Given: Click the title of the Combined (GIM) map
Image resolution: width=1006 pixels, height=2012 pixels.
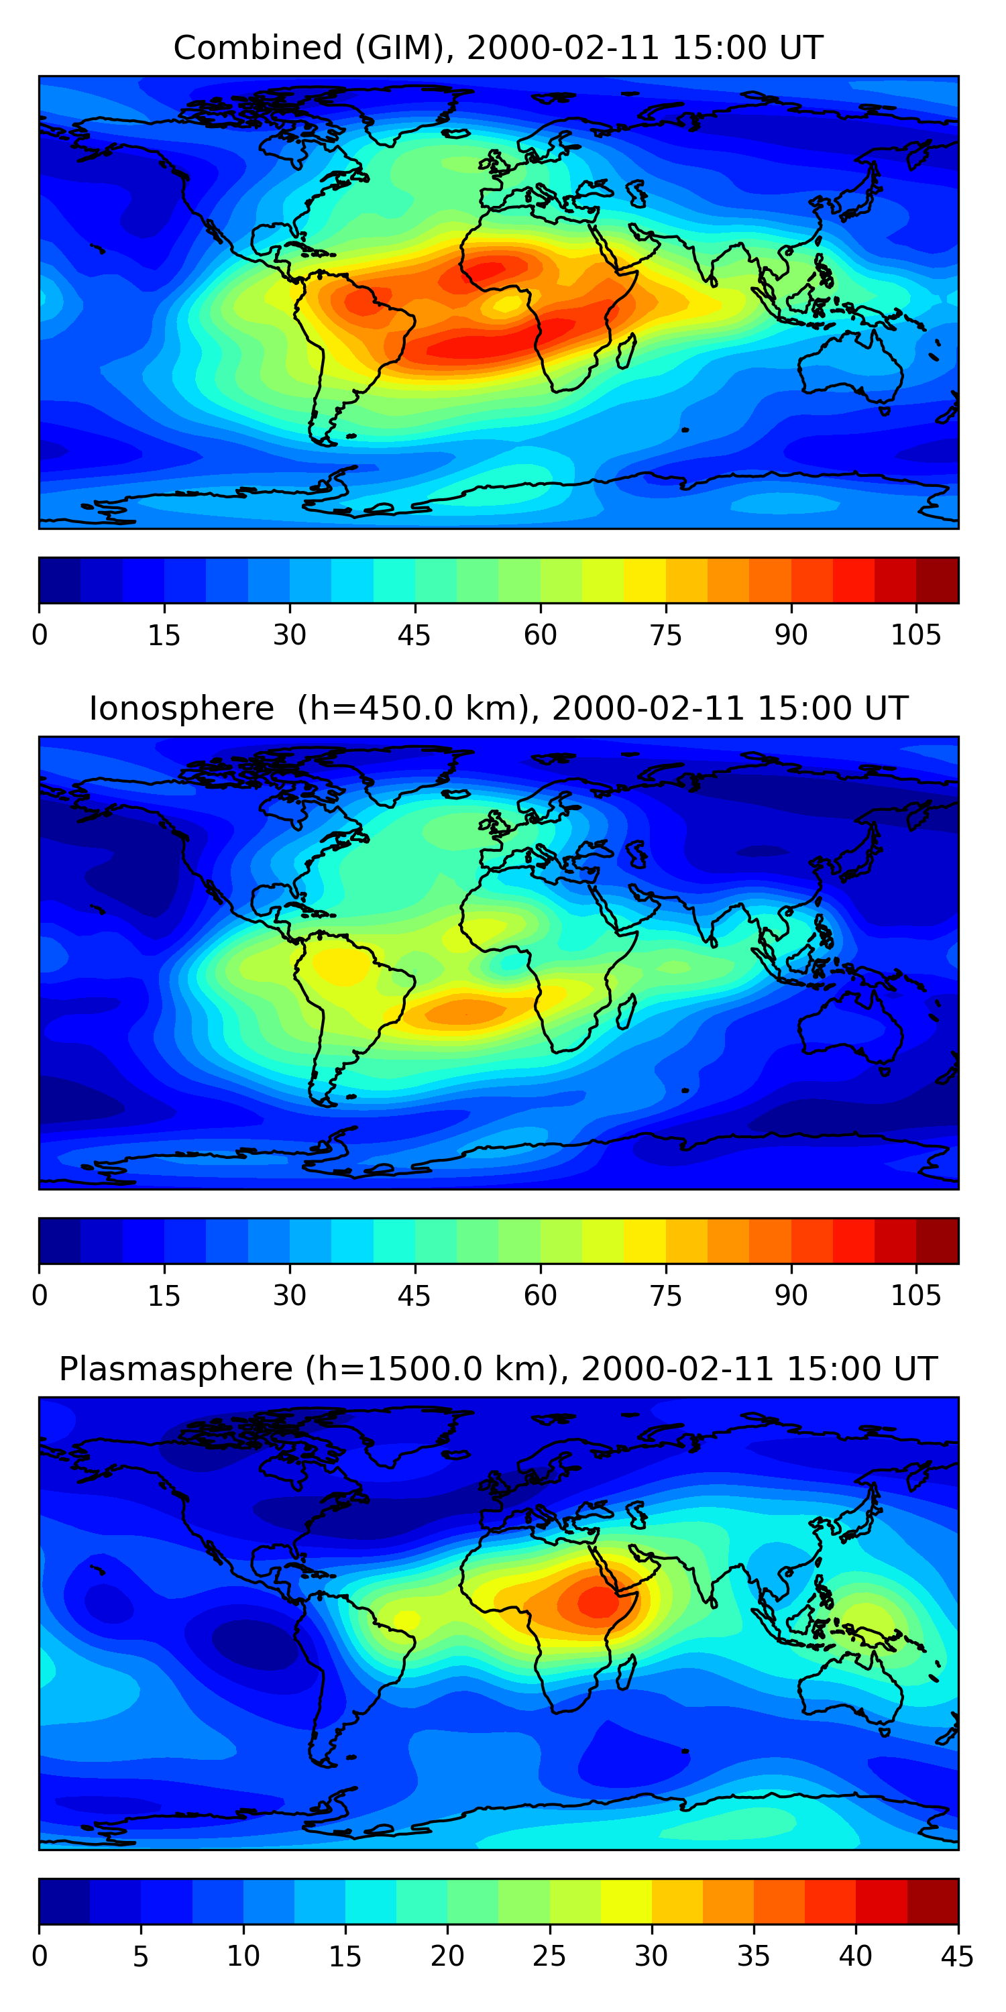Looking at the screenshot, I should [498, 48].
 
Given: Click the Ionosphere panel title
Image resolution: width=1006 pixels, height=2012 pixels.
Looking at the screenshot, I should [498, 708].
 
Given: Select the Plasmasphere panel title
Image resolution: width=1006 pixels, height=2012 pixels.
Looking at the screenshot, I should [498, 1370].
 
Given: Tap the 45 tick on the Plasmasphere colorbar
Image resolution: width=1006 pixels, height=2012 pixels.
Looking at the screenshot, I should [958, 1956].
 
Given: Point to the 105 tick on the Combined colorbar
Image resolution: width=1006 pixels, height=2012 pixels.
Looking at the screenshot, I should [915, 635].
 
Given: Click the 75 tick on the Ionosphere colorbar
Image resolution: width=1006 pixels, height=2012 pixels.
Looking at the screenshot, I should [665, 1296].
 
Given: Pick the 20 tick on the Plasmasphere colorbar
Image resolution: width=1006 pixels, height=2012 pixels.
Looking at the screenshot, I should [447, 1956].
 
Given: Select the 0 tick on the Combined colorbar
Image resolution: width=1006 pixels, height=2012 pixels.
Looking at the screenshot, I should [40, 635].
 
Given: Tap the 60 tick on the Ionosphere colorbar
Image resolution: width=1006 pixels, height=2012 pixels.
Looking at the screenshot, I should [540, 1296].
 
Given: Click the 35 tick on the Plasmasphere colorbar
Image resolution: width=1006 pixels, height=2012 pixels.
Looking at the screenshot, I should [754, 1956].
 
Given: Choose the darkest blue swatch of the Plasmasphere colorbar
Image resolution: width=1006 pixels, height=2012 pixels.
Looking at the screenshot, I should [64, 1902].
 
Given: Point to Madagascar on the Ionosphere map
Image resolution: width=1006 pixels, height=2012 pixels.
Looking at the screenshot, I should [626, 1012].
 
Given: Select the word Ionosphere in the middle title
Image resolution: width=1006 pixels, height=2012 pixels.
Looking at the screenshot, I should [181, 708].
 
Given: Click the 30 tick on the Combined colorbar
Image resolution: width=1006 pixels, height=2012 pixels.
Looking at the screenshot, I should [289, 635].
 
